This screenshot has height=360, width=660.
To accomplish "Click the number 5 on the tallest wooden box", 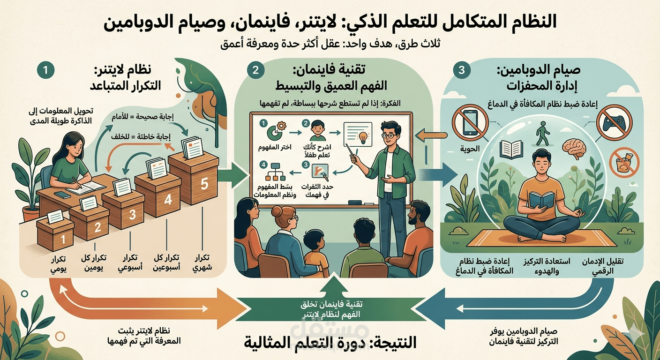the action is click(x=204, y=184).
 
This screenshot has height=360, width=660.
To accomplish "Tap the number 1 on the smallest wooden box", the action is click(x=63, y=239).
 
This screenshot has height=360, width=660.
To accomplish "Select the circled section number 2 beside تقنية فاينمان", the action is click(x=255, y=70).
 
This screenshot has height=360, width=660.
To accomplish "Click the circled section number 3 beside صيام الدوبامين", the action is click(x=461, y=70).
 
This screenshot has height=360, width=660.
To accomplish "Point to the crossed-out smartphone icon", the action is click(x=470, y=124).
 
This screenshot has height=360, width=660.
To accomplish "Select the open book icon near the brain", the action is click(x=511, y=149).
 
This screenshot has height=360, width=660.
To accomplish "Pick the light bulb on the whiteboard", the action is click(x=363, y=137).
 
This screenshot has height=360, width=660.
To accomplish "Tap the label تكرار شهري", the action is click(x=202, y=263).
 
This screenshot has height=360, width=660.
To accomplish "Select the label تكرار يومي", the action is click(x=58, y=264).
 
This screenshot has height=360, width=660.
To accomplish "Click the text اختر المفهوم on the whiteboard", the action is click(x=275, y=147).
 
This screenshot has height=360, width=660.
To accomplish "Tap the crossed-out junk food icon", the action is click(x=624, y=163).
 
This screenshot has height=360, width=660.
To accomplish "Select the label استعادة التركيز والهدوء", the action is click(x=547, y=266).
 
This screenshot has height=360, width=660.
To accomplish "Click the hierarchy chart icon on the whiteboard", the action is click(x=276, y=172).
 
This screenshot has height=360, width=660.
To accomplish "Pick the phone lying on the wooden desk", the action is click(x=62, y=195).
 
